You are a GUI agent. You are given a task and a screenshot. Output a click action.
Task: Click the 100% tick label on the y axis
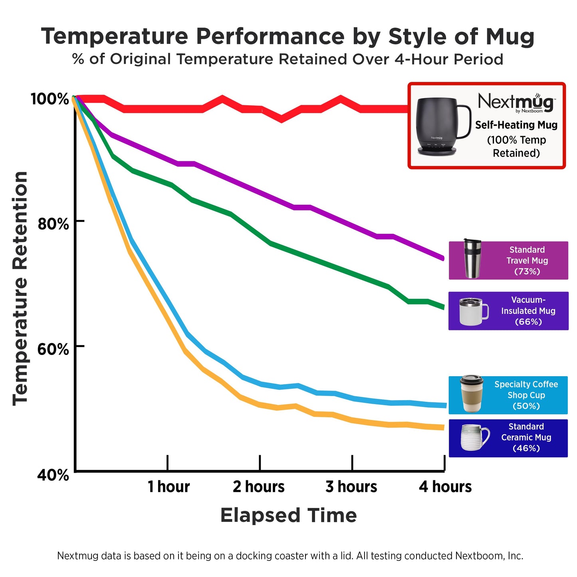(50, 99)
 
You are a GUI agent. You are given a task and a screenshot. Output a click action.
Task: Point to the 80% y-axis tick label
(53, 224)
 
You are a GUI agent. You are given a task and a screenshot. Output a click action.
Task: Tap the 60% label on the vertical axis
(53, 349)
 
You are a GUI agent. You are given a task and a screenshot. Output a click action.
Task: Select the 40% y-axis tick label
(53, 475)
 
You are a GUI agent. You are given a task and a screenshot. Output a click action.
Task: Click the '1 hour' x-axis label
(169, 487)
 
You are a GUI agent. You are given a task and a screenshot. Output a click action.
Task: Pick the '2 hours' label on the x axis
(259, 487)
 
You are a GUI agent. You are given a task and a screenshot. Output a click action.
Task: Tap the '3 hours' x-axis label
(351, 487)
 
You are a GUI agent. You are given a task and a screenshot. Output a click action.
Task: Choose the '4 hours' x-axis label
(445, 487)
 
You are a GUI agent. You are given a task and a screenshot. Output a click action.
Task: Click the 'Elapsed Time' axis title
(288, 515)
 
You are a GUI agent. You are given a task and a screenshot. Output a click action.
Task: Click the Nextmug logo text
(516, 102)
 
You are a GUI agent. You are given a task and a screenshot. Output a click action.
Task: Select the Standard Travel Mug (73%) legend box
(508, 260)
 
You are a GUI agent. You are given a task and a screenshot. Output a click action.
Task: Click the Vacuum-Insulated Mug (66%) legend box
(508, 311)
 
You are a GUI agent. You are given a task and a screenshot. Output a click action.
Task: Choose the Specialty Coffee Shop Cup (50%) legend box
(508, 395)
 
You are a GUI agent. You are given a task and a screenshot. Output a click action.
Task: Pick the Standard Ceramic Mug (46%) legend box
(508, 438)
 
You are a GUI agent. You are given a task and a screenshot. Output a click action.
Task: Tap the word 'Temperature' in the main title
(115, 37)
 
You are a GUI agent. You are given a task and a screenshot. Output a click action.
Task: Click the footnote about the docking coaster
(290, 556)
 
